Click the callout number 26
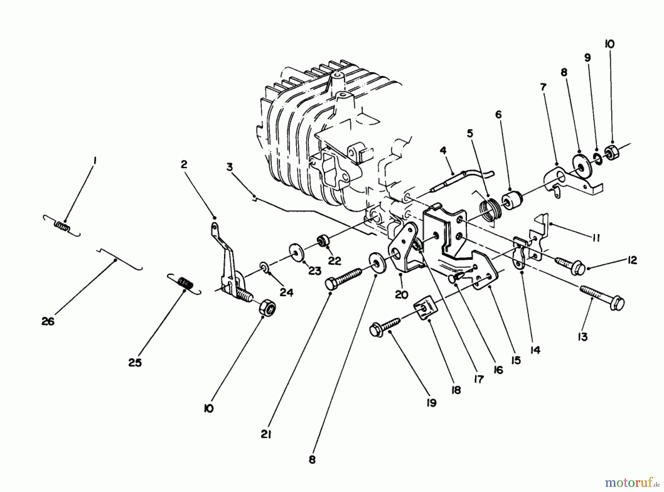point(48,321)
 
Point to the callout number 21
point(266,435)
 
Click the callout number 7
point(543,87)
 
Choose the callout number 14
point(535,350)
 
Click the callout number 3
point(229,167)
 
